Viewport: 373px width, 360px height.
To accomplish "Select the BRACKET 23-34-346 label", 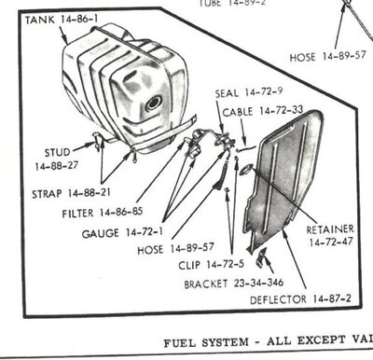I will click(x=233, y=282).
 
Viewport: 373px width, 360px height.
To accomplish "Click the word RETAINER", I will click(x=330, y=226).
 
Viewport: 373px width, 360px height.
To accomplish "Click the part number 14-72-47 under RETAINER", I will click(x=330, y=241).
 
